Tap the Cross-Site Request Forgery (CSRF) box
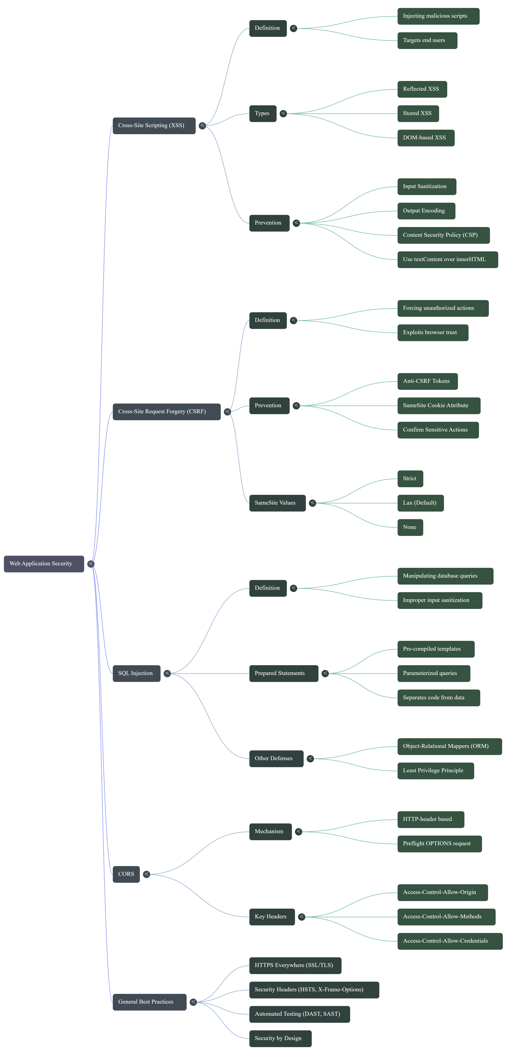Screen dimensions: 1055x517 [166, 412]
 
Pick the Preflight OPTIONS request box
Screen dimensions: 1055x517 [439, 844]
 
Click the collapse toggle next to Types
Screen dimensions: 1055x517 [283, 113]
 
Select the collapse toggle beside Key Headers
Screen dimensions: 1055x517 [301, 917]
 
